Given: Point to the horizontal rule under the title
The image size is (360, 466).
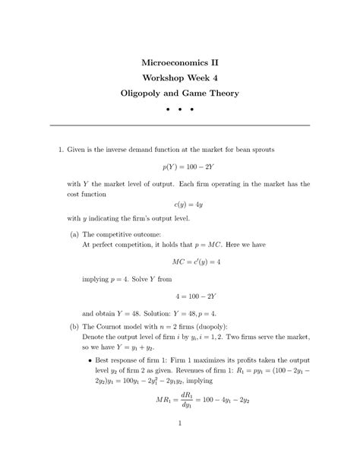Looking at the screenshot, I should pyautogui.click(x=179, y=125).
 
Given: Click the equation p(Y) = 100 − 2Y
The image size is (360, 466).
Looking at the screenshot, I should pyautogui.click(x=180, y=164).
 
